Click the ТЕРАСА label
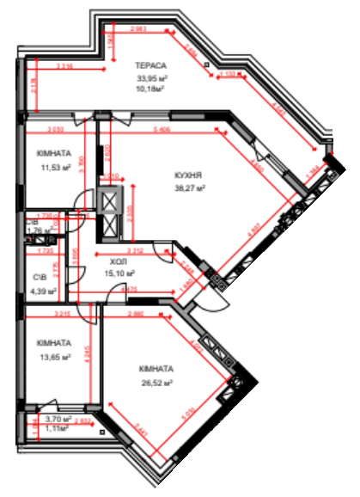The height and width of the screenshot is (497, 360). (150, 65)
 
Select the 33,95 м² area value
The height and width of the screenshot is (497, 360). (150, 77)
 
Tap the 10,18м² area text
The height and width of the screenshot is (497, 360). (150, 87)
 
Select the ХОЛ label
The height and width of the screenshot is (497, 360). (118, 262)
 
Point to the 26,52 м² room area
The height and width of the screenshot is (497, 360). (156, 383)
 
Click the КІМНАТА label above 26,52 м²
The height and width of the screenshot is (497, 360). (156, 369)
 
